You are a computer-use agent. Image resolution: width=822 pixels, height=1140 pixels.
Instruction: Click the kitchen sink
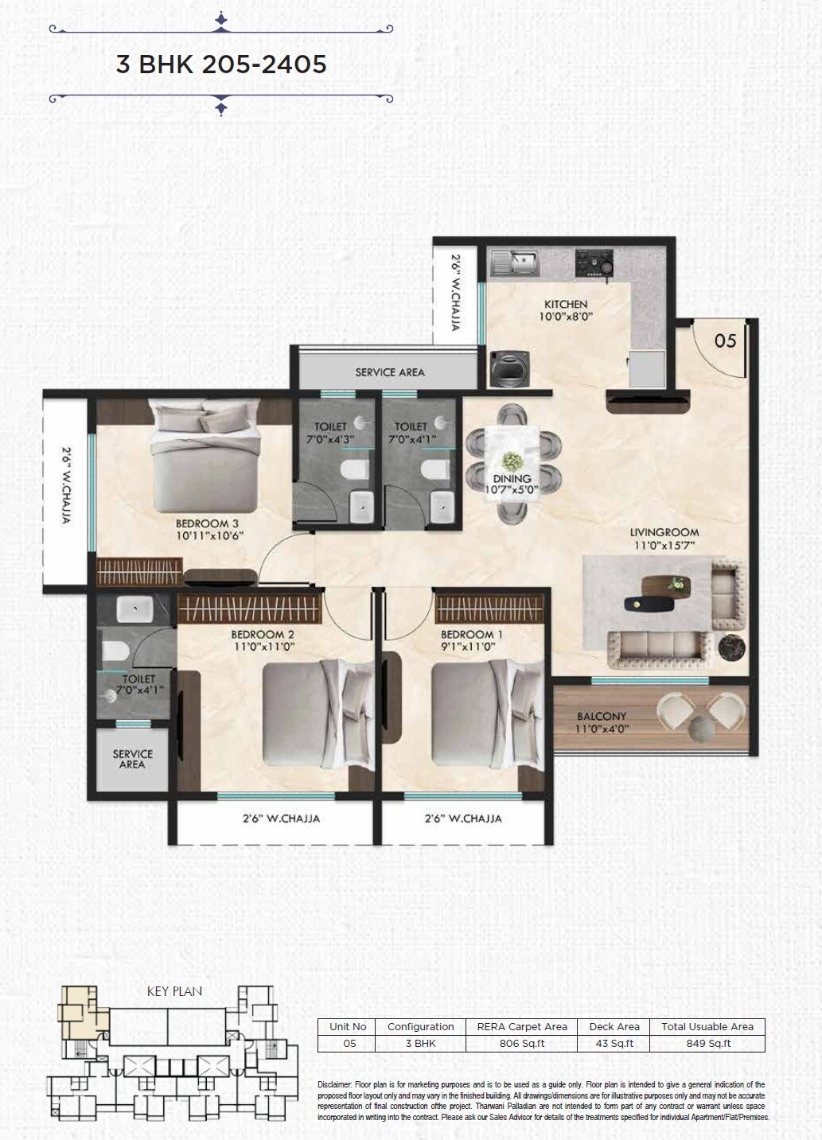[516, 262]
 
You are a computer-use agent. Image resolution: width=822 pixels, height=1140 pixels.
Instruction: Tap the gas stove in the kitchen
[593, 263]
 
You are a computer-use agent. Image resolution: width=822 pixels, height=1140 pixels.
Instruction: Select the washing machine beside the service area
[505, 368]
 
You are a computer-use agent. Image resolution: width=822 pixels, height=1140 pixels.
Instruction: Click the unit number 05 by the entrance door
[725, 340]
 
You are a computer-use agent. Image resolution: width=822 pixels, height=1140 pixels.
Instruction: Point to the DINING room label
[512, 479]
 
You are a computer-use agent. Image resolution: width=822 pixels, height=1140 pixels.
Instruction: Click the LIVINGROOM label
[664, 532]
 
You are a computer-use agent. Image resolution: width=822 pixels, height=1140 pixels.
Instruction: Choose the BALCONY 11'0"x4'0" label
[602, 722]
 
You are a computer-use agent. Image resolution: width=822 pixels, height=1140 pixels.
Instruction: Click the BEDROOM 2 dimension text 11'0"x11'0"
[263, 647]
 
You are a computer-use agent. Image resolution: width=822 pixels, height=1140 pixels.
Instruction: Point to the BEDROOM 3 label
[207, 523]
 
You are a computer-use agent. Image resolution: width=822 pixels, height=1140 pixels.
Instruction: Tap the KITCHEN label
[566, 304]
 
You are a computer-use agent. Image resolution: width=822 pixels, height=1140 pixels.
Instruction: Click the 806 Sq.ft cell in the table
[521, 1043]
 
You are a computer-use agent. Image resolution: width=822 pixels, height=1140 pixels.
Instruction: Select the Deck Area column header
[614, 1026]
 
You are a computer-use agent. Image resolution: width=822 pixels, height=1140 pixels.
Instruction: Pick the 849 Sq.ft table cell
[707, 1043]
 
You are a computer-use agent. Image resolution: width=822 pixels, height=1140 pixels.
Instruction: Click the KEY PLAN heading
[174, 991]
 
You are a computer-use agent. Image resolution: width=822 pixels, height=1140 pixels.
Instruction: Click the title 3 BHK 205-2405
[221, 64]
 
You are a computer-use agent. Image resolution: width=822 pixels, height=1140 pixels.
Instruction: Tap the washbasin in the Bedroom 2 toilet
[134, 609]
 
